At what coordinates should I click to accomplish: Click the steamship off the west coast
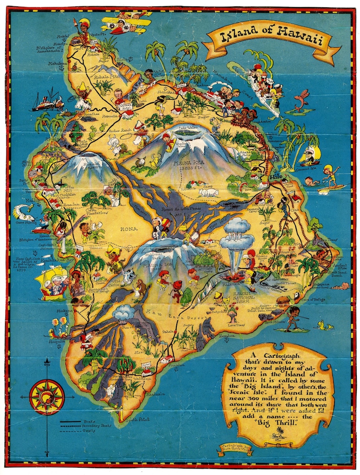[x=47, y=102]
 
